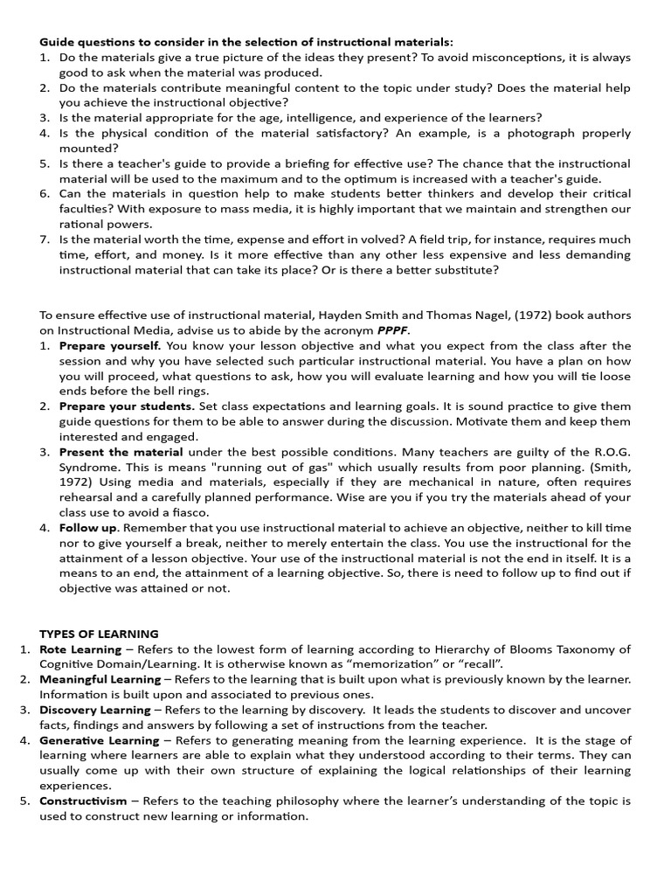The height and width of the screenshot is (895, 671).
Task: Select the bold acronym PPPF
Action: (x=393, y=330)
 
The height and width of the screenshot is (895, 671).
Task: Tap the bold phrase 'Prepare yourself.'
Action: (x=110, y=346)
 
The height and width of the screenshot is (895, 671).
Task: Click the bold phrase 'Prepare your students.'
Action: (x=127, y=406)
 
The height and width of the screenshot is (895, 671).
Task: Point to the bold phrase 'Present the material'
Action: (x=121, y=452)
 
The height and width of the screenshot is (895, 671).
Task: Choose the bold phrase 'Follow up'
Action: (x=87, y=528)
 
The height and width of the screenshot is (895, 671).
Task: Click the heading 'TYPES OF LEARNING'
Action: (x=99, y=634)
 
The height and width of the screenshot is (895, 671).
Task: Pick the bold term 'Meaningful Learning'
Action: (x=100, y=679)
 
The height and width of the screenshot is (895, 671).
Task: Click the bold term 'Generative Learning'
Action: (x=99, y=740)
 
